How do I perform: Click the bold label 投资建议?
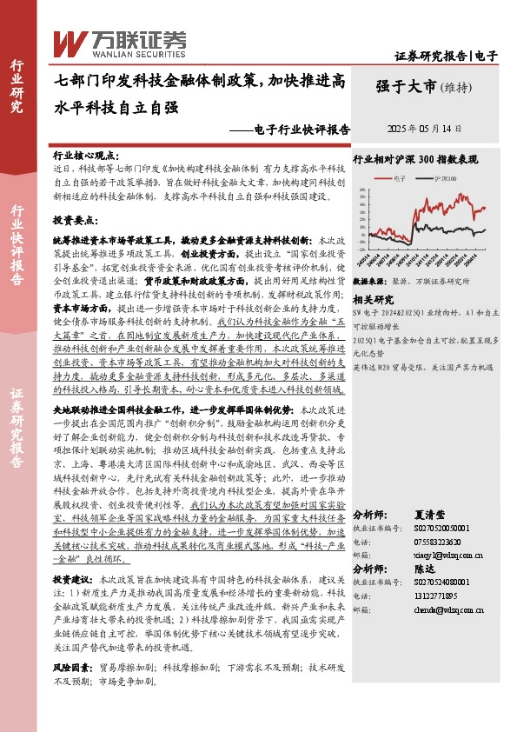tap(72, 578)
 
